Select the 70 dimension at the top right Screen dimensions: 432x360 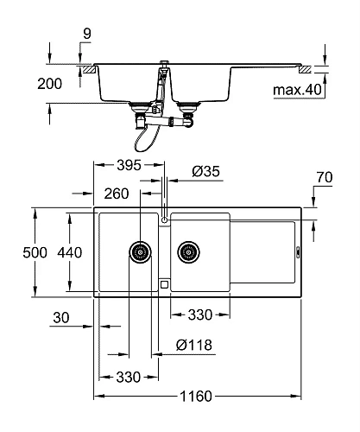[x=325, y=178]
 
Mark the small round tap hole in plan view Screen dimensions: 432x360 [x=162, y=220]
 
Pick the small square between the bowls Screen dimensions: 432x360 [x=162, y=280]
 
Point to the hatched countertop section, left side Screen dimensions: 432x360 [x=86, y=67]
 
